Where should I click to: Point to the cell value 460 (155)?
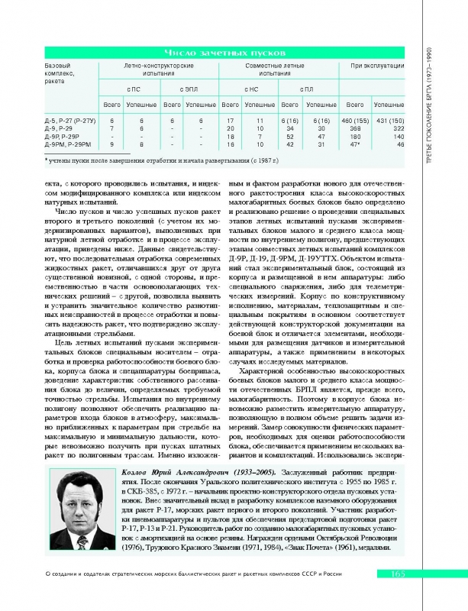pyautogui.click(x=354, y=121)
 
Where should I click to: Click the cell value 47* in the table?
pyautogui.click(x=355, y=144)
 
